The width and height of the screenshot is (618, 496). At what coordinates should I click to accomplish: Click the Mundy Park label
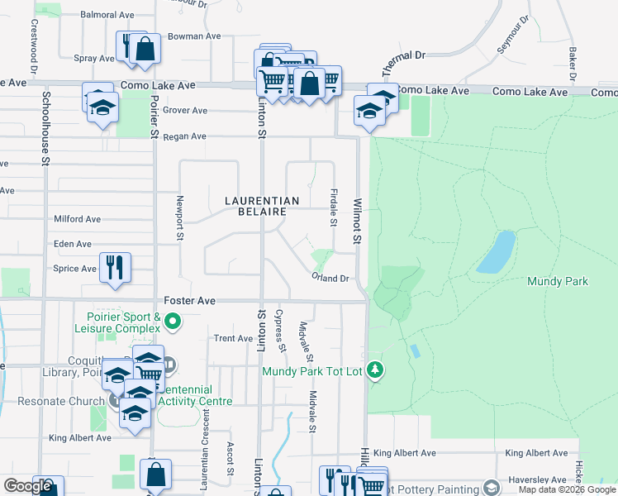tap(558, 282)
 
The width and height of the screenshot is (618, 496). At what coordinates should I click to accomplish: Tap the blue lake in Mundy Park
tap(496, 252)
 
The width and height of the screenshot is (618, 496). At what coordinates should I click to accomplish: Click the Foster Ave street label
tap(189, 302)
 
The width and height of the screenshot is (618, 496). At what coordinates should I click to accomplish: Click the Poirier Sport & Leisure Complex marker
tap(173, 320)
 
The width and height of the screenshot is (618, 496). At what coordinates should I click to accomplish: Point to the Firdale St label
tap(334, 207)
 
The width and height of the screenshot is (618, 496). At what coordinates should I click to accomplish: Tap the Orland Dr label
tap(330, 279)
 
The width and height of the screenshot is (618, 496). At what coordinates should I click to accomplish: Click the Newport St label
tap(179, 218)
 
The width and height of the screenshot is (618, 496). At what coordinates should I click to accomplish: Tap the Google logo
tap(27, 486)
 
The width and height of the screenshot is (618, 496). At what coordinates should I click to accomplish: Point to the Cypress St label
tap(280, 330)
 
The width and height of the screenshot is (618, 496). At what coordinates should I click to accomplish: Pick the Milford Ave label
tap(77, 219)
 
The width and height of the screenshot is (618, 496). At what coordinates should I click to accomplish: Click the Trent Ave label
tap(233, 338)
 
